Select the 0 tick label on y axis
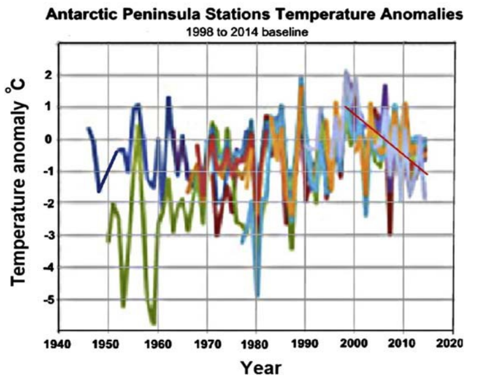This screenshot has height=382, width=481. coord(48,140)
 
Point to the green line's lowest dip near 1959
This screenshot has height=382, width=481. coord(153,323)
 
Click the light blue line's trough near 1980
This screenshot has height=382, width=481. coord(257,295)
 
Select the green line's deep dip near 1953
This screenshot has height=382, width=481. coord(123,306)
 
